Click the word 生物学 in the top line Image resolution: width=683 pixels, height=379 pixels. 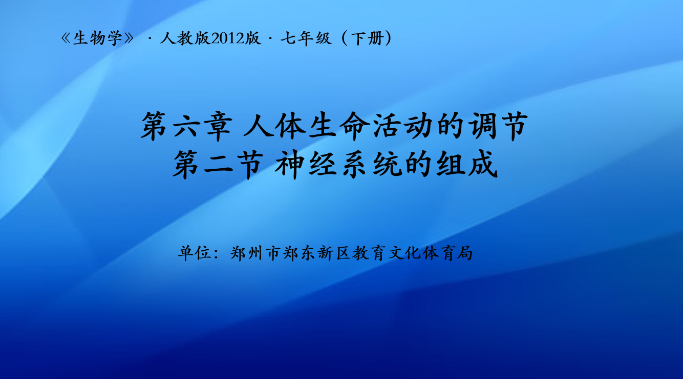coord(98,38)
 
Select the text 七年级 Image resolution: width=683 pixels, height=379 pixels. coord(306,38)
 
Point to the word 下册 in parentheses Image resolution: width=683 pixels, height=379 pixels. coord(367,38)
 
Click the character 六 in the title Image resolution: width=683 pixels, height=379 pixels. coord(186,126)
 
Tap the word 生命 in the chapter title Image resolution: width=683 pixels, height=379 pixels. coord(339,126)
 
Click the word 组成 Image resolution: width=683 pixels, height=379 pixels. coord(467,165)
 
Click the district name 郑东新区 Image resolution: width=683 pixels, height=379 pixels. coord(316,253)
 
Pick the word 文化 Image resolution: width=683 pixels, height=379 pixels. coord(404,253)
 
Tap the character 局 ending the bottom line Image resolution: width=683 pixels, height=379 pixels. coord(464,253)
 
